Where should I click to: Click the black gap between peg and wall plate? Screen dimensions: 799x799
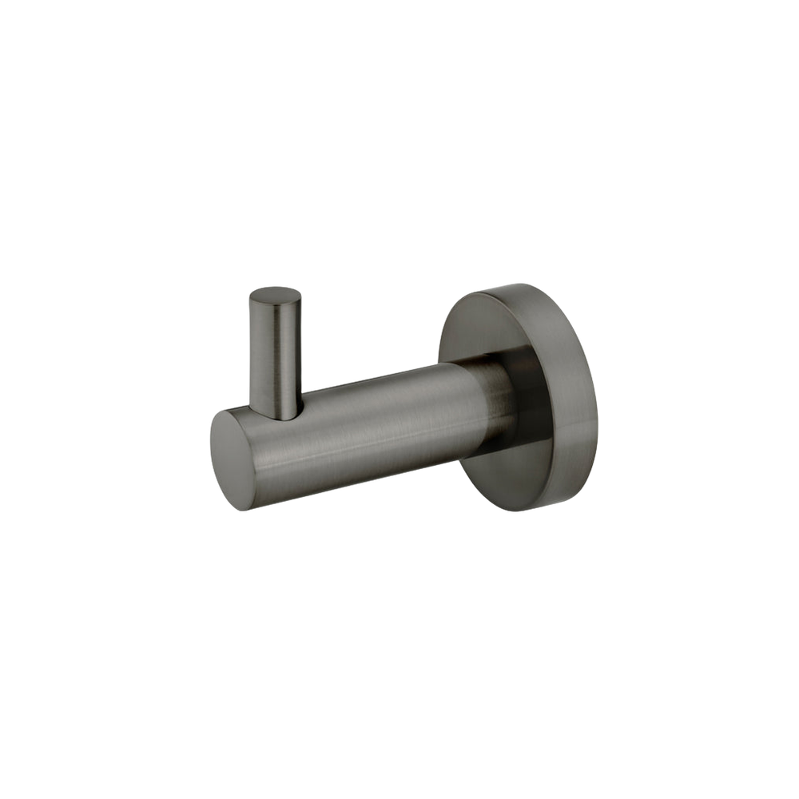click(x=368, y=336)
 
